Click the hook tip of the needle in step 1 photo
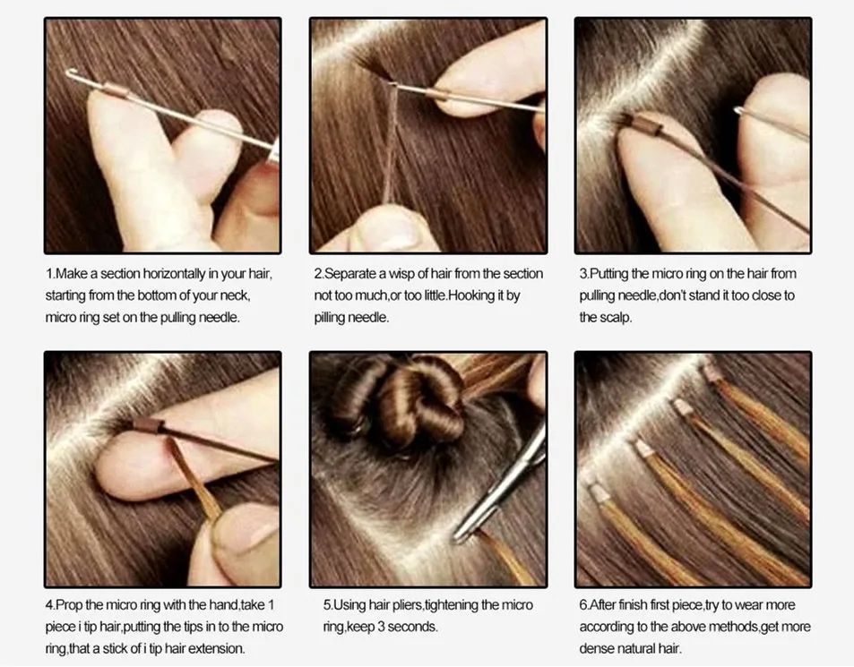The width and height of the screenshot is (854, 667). tap(69, 73)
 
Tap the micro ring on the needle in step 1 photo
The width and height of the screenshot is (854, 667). tap(115, 90)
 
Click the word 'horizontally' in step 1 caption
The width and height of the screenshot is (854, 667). tap(175, 274)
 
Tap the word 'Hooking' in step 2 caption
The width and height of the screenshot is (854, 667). tap(471, 295)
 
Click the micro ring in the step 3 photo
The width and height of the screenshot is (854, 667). tap(647, 126)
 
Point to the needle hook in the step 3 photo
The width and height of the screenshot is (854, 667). tap(739, 112)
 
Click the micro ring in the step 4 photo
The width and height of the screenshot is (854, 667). tap(149, 425)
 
